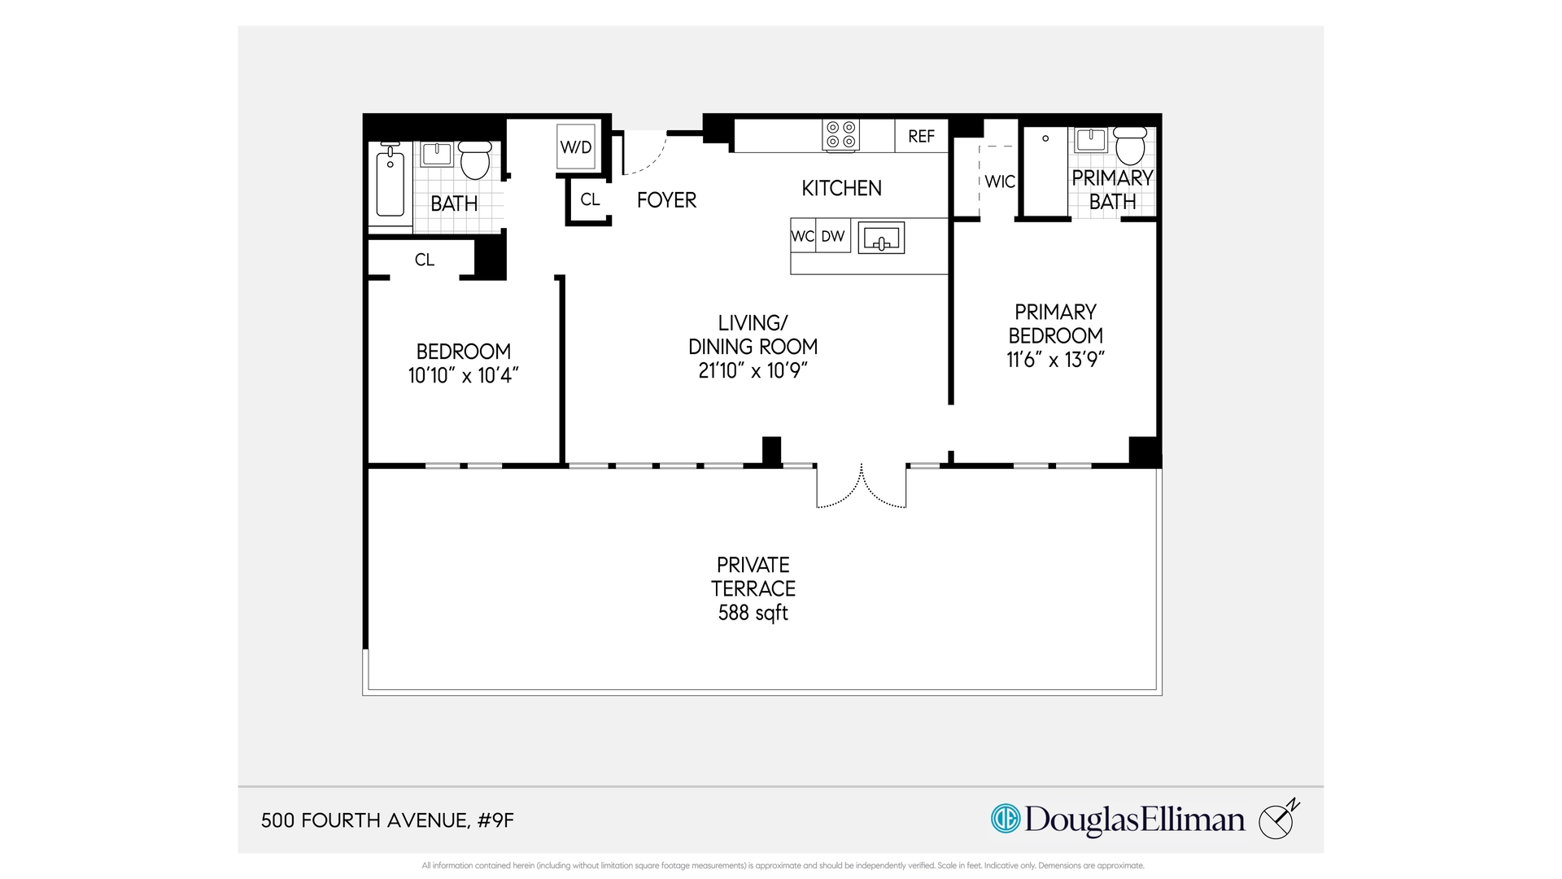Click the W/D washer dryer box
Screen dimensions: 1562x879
coord(576,146)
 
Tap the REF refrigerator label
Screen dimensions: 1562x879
coord(921,137)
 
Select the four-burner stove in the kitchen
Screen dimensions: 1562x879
coord(840,135)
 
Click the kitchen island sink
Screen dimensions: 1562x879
coord(881,238)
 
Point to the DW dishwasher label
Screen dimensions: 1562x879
coord(832,236)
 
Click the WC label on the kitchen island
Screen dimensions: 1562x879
coord(802,236)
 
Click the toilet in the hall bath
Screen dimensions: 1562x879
coord(475,160)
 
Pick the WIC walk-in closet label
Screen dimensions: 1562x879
coord(1000,181)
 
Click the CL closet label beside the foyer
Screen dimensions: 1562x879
coord(590,199)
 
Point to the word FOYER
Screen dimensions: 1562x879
coord(666,200)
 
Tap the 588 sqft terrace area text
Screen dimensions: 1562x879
coord(753,613)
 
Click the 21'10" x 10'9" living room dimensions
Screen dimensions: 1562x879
coord(753,370)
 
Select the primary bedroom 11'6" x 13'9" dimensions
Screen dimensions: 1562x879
coord(1055,360)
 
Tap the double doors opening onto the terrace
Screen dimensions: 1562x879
coord(862,487)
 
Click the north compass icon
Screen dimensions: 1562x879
coord(1278,820)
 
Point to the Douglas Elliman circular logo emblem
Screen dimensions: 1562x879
coord(1006,819)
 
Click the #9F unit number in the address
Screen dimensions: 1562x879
coord(496,820)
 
